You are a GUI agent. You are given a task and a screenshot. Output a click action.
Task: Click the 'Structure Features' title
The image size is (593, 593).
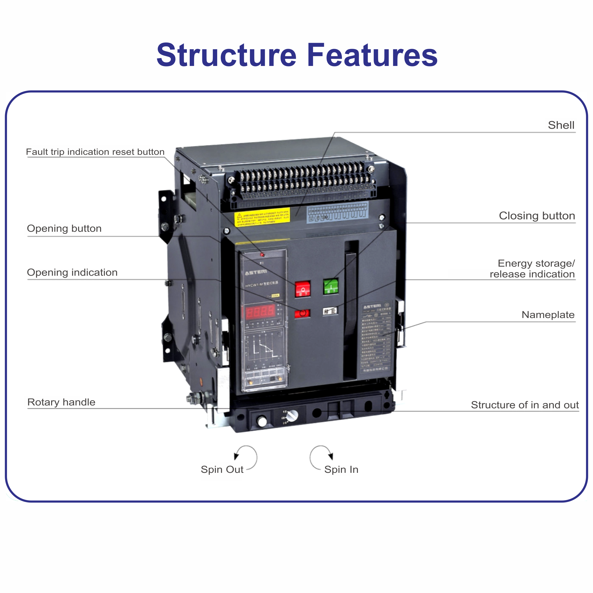coord(296,55)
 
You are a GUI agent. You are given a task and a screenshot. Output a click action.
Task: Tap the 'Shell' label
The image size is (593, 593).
coord(561,125)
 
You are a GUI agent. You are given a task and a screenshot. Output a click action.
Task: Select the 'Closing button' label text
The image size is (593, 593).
coord(537,216)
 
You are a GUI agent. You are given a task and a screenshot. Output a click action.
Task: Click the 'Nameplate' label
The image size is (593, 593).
coord(548,315)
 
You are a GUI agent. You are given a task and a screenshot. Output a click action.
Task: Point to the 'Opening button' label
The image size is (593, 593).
coord(64,228)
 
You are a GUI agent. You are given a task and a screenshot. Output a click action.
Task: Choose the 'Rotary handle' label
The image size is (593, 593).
coord(61,402)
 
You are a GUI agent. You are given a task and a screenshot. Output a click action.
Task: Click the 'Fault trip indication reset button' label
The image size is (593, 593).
coord(95,152)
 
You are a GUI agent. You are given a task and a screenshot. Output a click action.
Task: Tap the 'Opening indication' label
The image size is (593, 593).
coord(72,273)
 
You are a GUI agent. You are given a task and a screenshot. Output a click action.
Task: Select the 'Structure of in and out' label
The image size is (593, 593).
coord(525,405)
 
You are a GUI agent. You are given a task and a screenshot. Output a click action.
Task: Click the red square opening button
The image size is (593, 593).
coord(303,289)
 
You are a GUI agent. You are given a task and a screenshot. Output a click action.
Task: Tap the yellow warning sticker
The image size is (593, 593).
coord(262,217)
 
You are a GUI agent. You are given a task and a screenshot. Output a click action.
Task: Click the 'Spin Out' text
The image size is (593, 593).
coord(222,470)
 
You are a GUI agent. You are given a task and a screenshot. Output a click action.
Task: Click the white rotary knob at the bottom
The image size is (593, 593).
coord(292,415)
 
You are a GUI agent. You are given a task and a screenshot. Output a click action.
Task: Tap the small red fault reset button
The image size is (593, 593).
coord(262,255)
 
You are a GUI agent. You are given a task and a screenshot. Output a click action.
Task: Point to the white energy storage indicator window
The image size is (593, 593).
coord(330,311)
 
